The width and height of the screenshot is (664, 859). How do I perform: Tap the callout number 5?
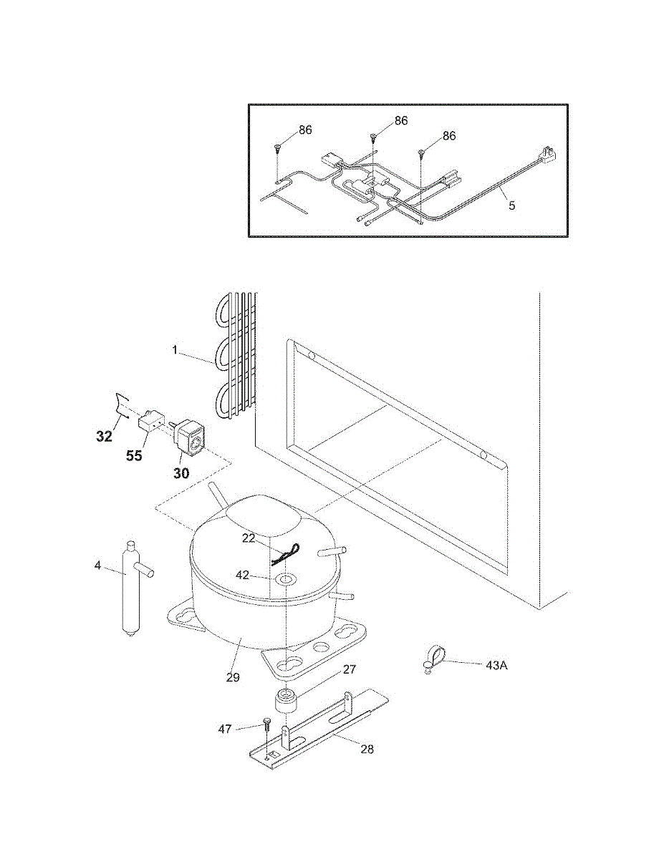point(511,205)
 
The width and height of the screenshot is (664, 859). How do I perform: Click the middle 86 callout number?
point(400,121)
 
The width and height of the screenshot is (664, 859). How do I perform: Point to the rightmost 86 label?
point(448,136)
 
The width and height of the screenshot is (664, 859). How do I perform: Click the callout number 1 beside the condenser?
point(174,351)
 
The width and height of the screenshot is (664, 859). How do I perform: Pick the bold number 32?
point(105,436)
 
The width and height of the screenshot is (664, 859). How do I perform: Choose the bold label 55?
point(134,456)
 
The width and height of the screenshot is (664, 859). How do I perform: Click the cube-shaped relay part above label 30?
point(191,435)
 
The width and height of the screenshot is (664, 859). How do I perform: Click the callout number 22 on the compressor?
point(248,538)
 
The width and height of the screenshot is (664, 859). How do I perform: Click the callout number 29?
point(233,676)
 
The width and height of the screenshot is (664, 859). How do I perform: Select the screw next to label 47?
point(266,724)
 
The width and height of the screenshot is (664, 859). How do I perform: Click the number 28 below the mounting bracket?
point(367,749)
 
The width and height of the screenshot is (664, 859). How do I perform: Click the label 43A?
point(496,665)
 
